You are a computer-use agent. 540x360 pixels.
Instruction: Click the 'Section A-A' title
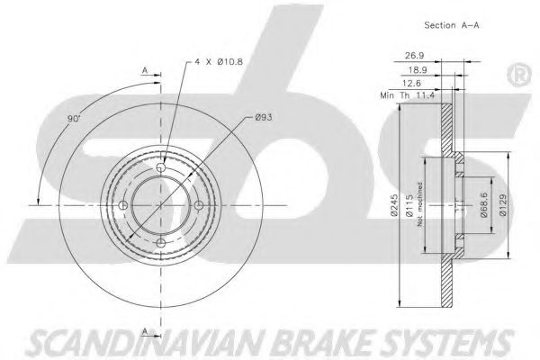coord(452,25)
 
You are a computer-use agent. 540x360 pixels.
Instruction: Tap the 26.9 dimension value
coord(415,55)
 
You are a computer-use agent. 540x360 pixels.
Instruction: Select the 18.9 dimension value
coord(418,70)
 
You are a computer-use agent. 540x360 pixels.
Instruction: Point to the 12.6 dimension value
coord(411,83)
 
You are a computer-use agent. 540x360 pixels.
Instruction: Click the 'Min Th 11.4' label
coord(408,95)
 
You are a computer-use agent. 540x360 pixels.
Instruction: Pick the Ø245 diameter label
coord(394,205)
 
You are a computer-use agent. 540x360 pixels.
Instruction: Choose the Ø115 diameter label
coord(409,206)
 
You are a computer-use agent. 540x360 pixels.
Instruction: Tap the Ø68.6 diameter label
coord(484,205)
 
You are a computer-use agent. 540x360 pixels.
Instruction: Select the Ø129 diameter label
coord(503,205)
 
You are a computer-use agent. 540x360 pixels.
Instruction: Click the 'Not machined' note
coord(419,204)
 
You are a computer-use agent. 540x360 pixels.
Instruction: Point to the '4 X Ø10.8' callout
coord(219,62)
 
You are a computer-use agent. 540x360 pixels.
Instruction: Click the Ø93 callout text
coord(264,118)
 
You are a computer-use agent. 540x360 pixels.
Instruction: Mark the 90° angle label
coord(74,119)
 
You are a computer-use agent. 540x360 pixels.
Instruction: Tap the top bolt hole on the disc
coord(161,167)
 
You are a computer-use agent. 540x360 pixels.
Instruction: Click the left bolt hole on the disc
coord(123,206)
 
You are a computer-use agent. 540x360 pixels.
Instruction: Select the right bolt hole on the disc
coord(199,206)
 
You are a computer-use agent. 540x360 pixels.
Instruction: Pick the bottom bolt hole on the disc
coord(161,243)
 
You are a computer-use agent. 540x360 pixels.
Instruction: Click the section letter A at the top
coord(145,70)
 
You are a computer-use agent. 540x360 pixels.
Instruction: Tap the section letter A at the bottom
coord(145,331)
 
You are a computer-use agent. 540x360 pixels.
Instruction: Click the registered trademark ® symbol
coord(519,76)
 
